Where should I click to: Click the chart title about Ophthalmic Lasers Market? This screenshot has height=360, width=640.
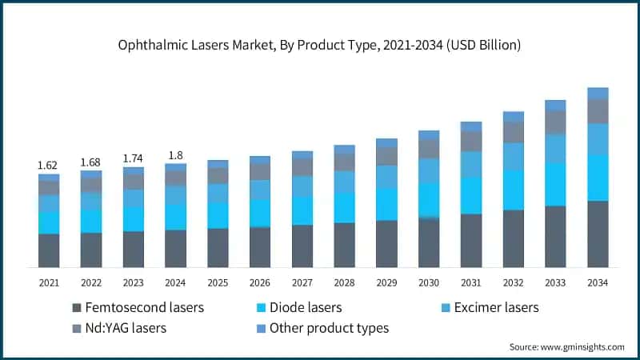point(320,45)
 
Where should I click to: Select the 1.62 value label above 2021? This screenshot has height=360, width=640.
point(49,166)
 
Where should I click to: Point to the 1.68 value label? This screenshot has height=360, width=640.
point(91,162)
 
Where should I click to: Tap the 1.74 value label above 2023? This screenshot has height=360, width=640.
point(134,158)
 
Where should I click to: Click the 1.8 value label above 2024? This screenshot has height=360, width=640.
point(175,155)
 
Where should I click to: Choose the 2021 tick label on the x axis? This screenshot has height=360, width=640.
point(49,282)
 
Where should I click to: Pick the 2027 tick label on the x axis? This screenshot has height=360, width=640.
point(302,282)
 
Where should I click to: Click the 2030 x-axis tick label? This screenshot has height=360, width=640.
point(429,282)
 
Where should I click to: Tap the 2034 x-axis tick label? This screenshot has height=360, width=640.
point(598,282)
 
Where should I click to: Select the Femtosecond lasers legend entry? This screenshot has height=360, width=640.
point(138,307)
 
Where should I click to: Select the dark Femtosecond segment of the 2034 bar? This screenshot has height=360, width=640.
point(598,234)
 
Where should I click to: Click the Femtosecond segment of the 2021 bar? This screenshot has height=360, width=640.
point(49,250)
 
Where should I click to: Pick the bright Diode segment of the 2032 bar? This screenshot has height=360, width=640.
point(513,190)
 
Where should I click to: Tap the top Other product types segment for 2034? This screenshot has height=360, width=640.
point(598,93)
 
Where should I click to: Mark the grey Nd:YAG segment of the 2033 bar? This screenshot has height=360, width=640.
point(555,122)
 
